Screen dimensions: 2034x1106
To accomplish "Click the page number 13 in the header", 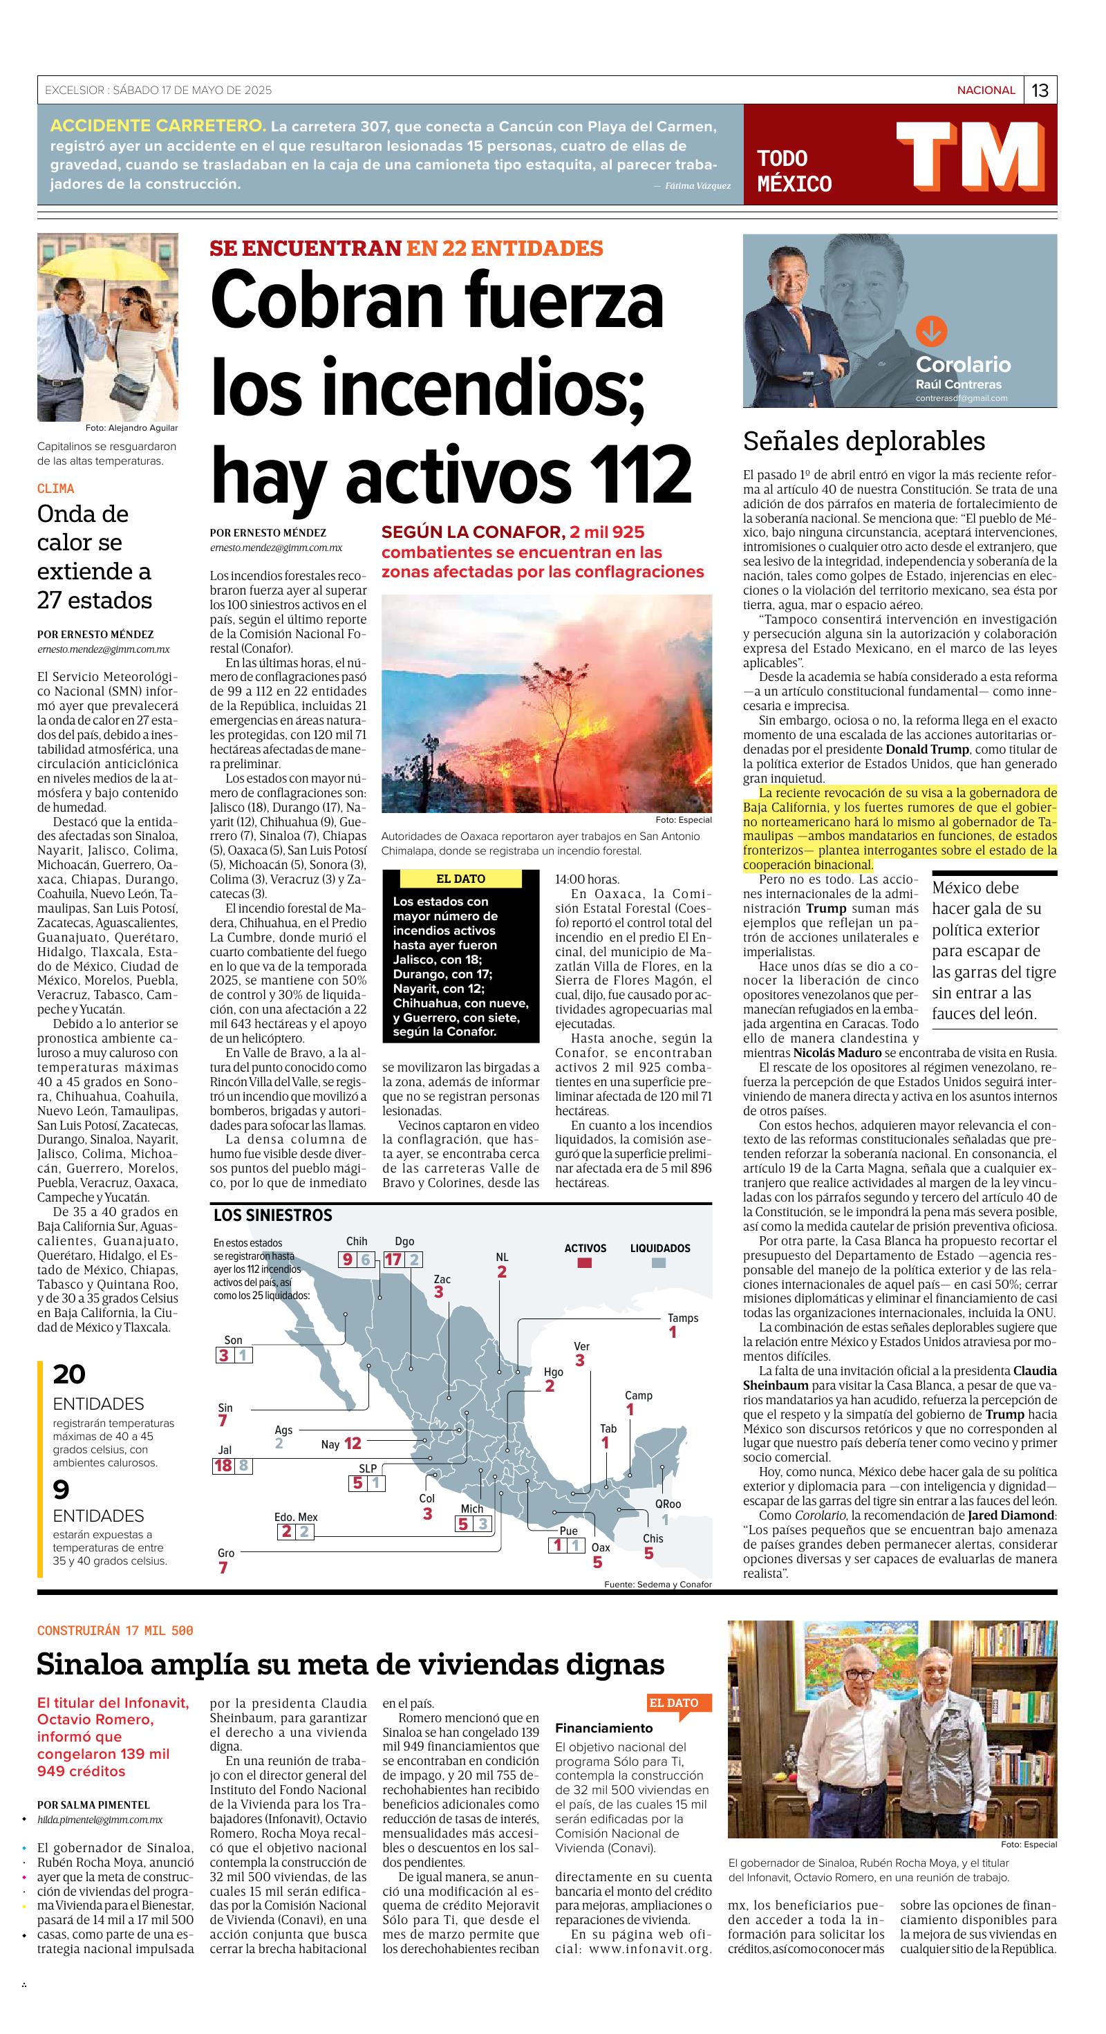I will pos(1040,90).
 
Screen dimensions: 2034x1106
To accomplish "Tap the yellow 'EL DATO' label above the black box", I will pos(460,879).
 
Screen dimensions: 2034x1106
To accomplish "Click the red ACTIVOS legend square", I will pos(584,1263).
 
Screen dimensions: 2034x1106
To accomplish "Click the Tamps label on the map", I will pos(683,1318).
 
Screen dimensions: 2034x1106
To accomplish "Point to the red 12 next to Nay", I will pos(353,1444).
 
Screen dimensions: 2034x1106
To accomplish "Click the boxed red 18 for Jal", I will pos(223,1466).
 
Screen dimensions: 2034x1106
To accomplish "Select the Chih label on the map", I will pos(357,1242).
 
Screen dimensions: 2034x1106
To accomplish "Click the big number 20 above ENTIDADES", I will pos(68,1374).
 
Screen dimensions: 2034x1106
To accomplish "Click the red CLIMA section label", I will pos(55,489).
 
